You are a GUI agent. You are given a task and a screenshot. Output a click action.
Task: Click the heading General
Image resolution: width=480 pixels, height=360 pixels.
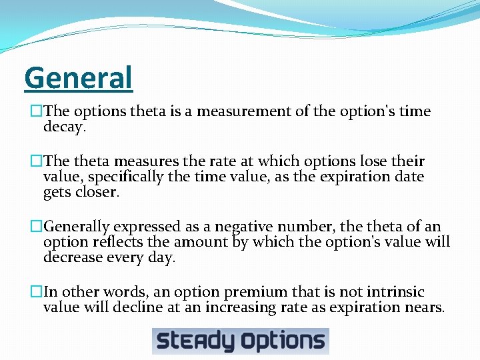tap(79, 79)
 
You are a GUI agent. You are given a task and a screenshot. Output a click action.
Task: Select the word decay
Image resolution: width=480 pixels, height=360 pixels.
tap(64, 127)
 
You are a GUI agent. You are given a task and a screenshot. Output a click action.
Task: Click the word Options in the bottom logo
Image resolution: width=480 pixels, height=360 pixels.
tap(283, 341)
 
